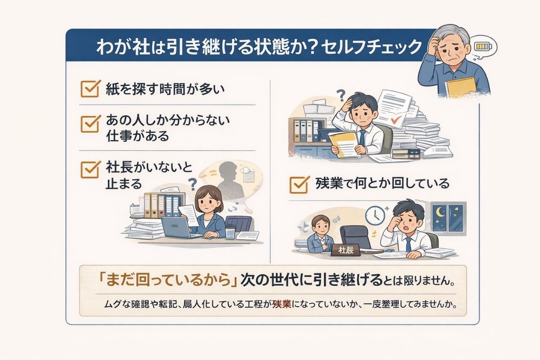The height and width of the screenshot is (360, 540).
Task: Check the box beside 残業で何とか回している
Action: point(297,184)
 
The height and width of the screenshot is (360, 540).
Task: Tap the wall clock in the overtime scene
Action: point(373,216)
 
